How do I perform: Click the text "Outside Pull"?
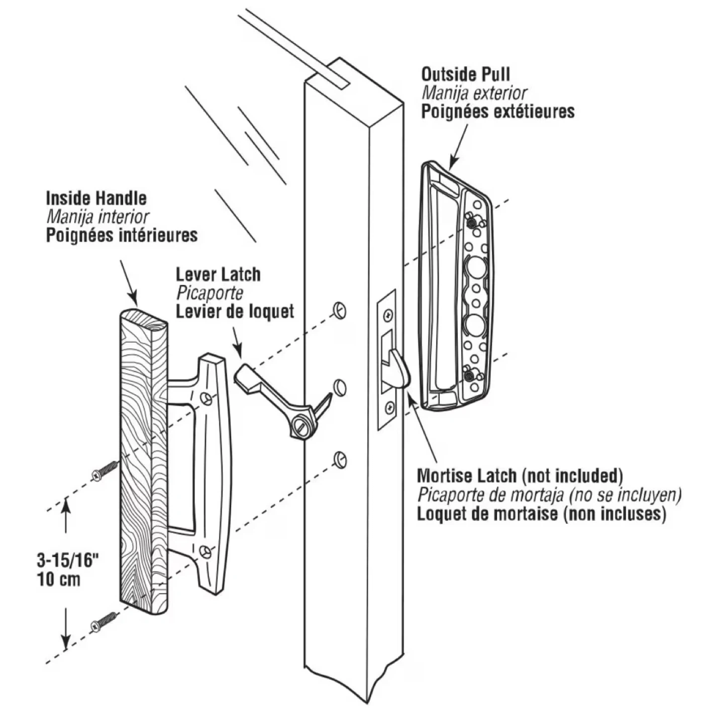pos(465,74)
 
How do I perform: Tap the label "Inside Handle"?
pos(96,198)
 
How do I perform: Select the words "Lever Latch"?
pos(218,275)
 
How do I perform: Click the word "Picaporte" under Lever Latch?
pos(210,293)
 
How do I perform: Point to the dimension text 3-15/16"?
pos(66,560)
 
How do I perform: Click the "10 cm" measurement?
pos(58,579)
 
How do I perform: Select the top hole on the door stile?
pos(340,310)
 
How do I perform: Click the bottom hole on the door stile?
pos(340,459)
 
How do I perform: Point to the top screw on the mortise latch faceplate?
pos(388,316)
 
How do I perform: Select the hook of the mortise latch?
pos(400,369)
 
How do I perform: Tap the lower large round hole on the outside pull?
pos(474,325)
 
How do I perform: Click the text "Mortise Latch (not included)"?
pos(520,475)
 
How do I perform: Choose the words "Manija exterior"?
pos(474,93)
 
